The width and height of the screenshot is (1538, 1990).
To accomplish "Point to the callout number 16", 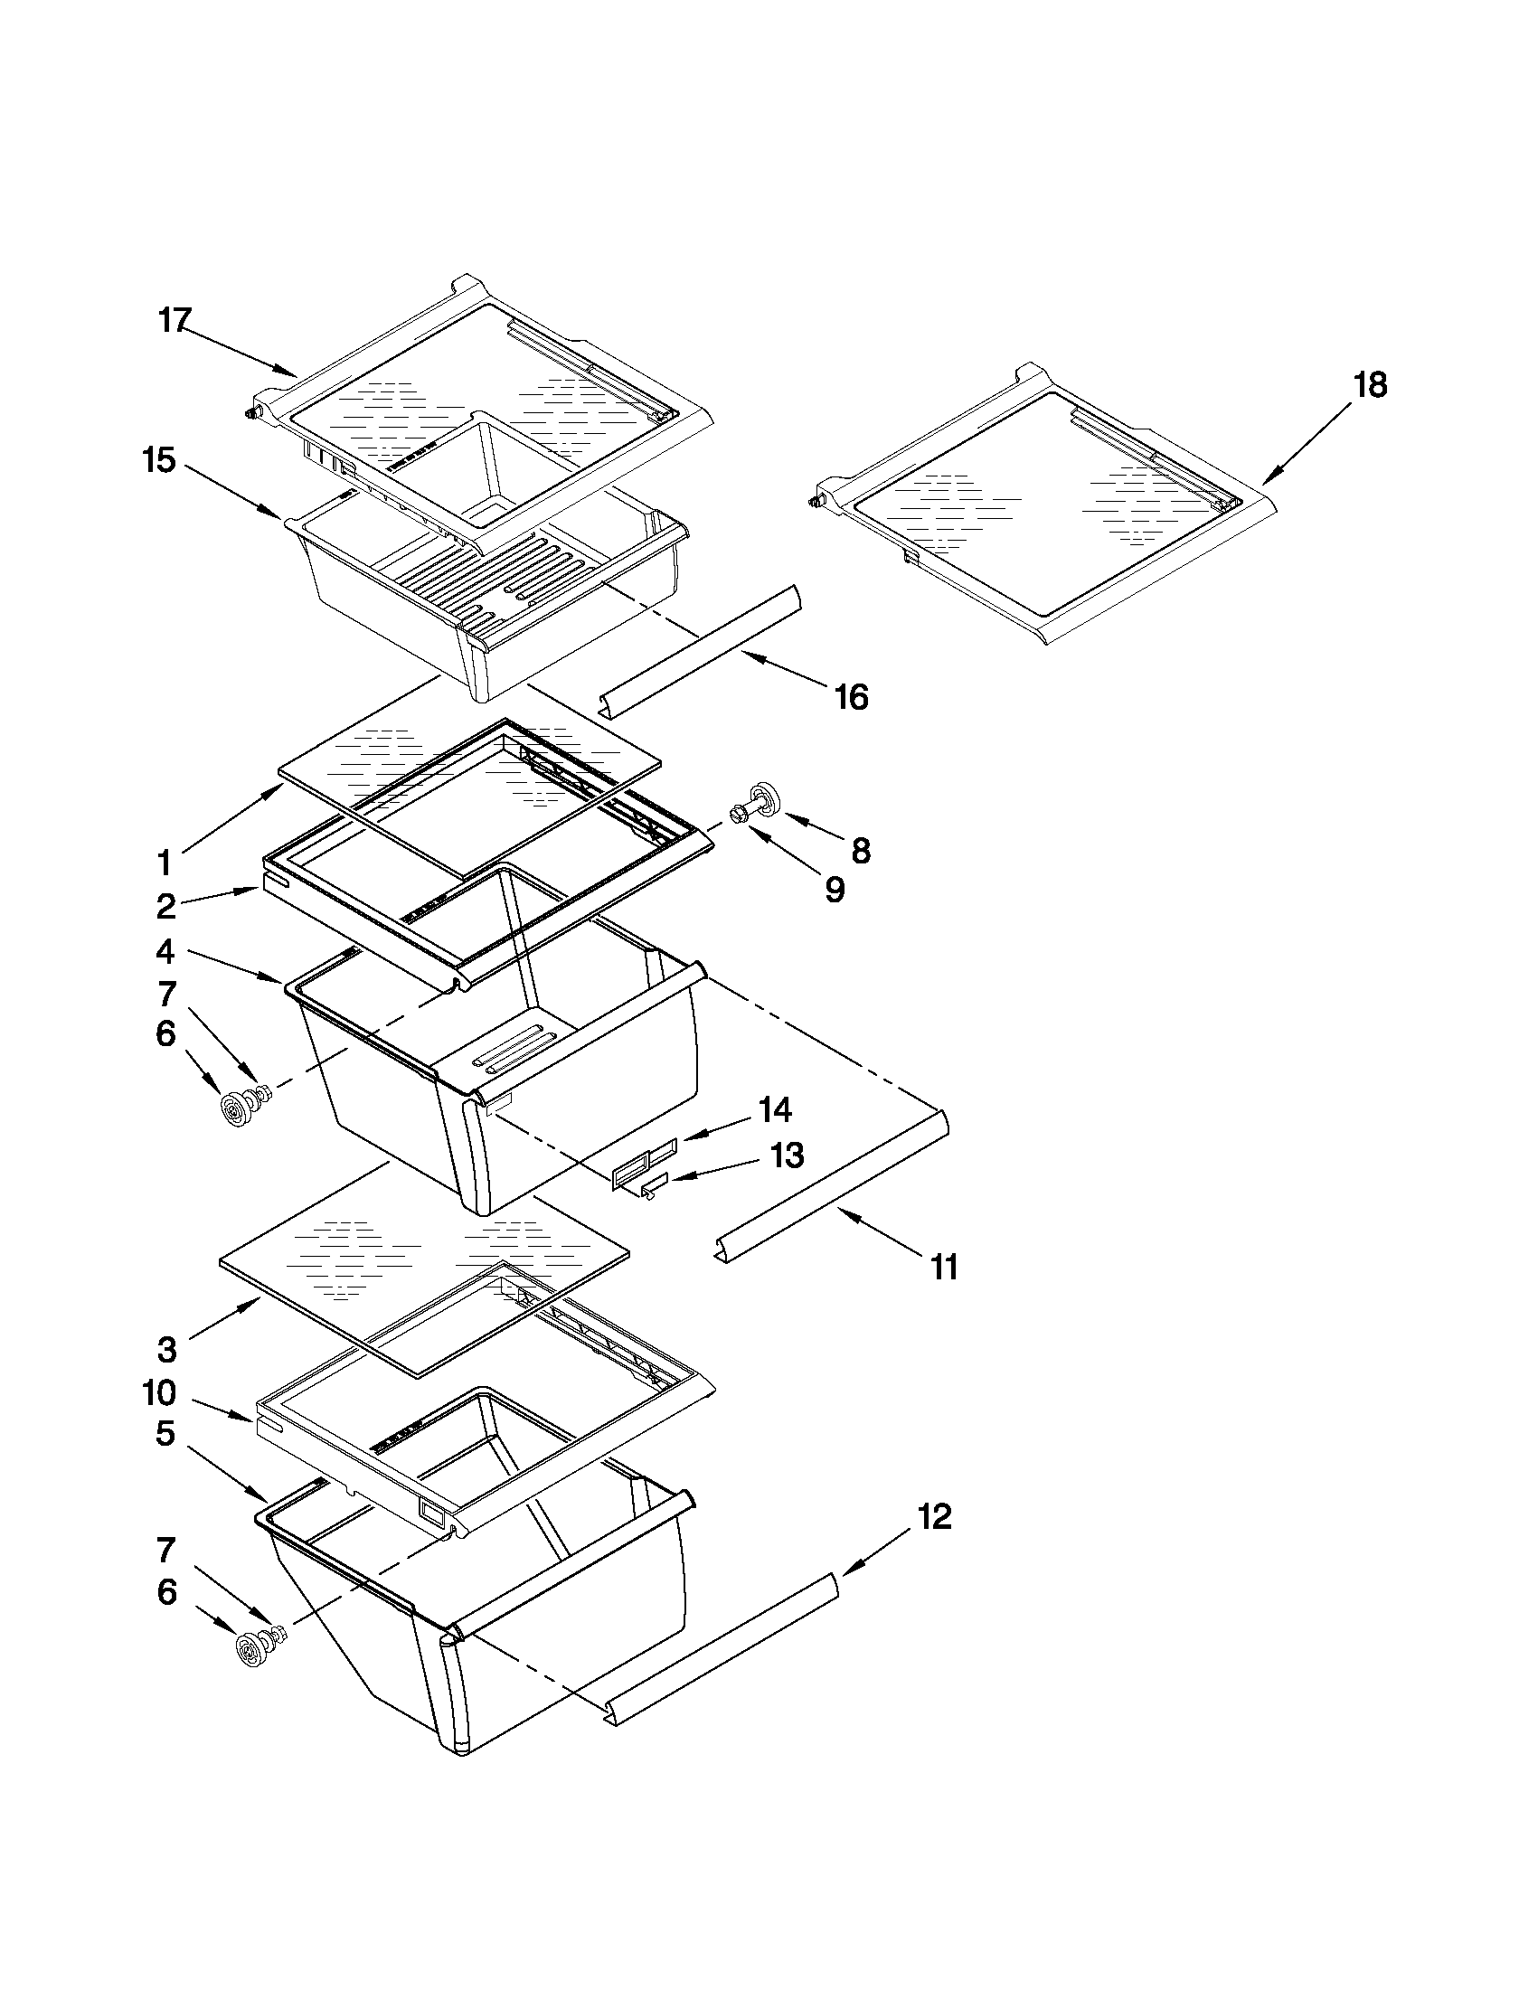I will tap(852, 698).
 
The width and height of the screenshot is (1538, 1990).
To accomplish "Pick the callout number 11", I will tap(944, 1267).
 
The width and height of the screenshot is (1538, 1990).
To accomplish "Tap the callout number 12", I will tap(934, 1517).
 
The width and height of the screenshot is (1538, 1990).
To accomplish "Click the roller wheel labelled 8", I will tap(763, 797).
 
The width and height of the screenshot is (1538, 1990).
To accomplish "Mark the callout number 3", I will tap(165, 1350).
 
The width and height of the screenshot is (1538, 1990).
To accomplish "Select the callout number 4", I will tap(165, 952).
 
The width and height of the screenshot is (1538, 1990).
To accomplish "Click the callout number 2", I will tap(165, 906).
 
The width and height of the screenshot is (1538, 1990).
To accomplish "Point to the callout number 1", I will tap(164, 861).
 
